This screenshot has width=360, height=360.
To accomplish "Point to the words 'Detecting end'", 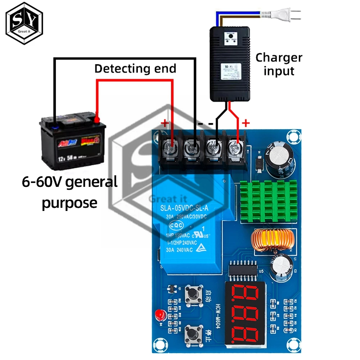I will (x=135, y=68).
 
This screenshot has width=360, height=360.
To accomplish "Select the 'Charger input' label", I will (x=279, y=64).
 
